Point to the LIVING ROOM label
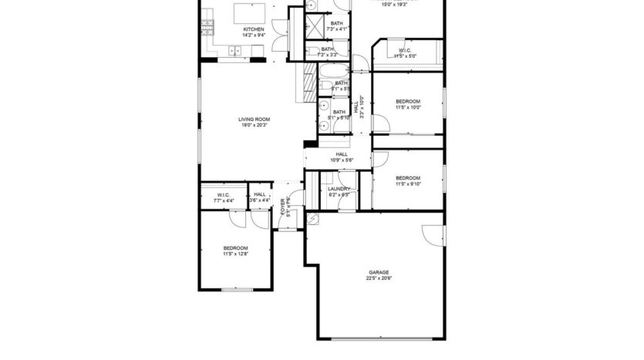pyautogui.click(x=253, y=119)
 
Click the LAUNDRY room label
pyautogui.click(x=339, y=189)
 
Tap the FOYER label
pyautogui.click(x=283, y=207)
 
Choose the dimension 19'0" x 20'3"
pyautogui.click(x=253, y=126)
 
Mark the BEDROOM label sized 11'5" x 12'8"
pyautogui.click(x=235, y=247)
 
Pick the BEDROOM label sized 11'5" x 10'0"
pyautogui.click(x=408, y=102)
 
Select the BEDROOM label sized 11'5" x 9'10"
pyautogui.click(x=408, y=177)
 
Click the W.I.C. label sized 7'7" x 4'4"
pyautogui.click(x=224, y=195)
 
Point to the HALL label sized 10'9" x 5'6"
pyautogui.click(x=341, y=153)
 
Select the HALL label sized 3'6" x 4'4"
pyautogui.click(x=260, y=195)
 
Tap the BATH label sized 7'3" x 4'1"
pyautogui.click(x=337, y=23)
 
